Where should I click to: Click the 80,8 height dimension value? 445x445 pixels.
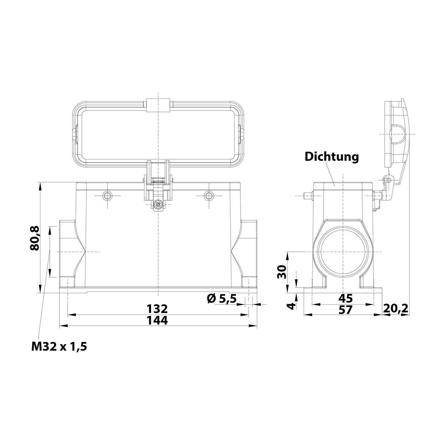click(x=35, y=238)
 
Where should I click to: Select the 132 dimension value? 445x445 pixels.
click(x=158, y=309)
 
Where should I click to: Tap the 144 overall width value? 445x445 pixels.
click(x=158, y=320)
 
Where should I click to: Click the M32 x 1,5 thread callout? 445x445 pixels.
click(x=59, y=346)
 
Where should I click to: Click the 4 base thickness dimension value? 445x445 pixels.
click(x=292, y=306)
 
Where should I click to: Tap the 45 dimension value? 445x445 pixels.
click(x=345, y=298)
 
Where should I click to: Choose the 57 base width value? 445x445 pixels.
click(x=345, y=310)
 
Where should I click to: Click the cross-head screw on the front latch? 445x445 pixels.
click(x=158, y=204)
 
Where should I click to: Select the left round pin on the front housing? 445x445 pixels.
click(x=107, y=196)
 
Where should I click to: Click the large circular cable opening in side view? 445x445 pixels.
click(x=343, y=252)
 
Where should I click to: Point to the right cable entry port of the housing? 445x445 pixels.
click(x=249, y=252)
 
